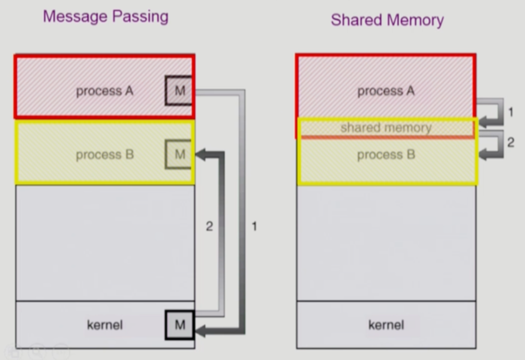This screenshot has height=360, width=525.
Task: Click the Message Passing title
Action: tap(106, 17)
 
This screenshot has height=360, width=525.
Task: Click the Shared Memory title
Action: tap(387, 20)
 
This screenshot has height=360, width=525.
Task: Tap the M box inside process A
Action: tap(180, 90)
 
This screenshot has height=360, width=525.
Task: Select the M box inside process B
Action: tap(180, 155)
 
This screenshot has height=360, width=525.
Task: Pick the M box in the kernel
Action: tap(180, 325)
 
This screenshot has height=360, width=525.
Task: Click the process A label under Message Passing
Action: tap(105, 91)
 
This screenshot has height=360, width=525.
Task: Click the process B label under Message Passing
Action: tap(105, 155)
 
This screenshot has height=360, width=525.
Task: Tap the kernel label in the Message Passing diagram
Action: tap(105, 325)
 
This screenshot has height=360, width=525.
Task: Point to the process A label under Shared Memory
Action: tap(386, 91)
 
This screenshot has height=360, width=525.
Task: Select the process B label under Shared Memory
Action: tap(386, 155)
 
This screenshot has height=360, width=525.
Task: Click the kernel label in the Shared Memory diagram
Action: tap(386, 325)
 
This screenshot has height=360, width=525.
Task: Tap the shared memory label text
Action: tap(386, 128)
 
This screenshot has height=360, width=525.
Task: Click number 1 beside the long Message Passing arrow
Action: tap(254, 226)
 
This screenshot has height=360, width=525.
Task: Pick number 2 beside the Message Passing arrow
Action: tap(209, 226)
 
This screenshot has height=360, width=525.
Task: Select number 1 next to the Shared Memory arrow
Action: tap(510, 112)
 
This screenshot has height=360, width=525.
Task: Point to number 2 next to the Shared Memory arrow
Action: tap(510, 143)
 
